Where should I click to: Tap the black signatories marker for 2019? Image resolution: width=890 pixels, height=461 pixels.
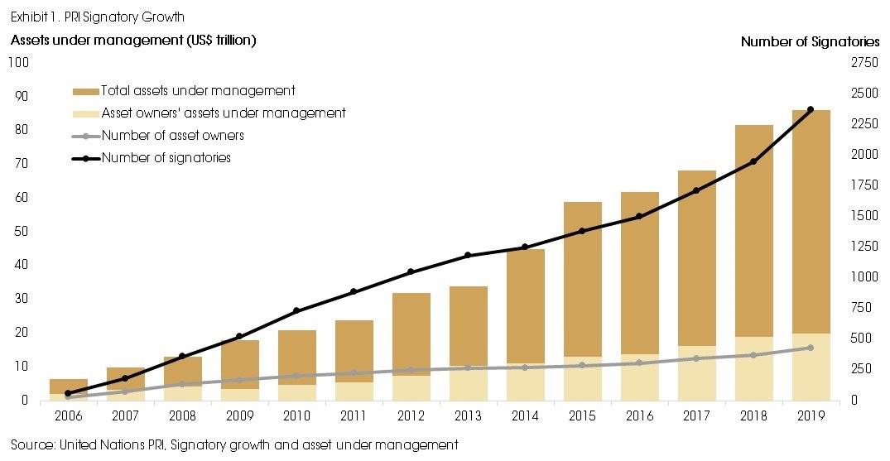point(811,109)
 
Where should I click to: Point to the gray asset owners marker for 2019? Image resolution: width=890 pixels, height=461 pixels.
point(811,348)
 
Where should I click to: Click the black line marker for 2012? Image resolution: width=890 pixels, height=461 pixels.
point(411,272)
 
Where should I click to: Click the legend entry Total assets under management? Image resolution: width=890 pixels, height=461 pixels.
point(198,91)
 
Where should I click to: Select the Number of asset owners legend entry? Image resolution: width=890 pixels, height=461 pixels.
point(172,136)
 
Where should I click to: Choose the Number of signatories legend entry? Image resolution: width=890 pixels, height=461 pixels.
point(166,158)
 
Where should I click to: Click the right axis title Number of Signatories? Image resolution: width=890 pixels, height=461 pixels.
point(810,41)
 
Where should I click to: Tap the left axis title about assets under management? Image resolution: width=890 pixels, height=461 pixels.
point(132,40)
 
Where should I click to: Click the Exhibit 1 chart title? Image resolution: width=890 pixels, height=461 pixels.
point(97,17)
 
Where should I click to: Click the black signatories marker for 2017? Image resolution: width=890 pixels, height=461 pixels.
point(696,190)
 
